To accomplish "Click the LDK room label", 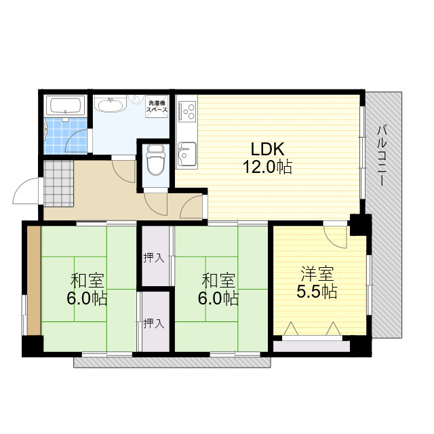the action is point(267,149).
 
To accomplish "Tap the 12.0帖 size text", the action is point(267,167).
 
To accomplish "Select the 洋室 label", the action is point(317,273).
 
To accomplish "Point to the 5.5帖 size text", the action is point(317,292).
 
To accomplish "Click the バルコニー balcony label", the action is point(382,156).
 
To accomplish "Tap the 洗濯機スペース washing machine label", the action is point(157,106).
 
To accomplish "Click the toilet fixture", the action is point(155,160).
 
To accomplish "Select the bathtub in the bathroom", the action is point(66,105).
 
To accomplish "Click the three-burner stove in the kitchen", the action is point(187,112).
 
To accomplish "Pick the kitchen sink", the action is point(187,154).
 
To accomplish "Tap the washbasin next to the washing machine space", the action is point(111,104).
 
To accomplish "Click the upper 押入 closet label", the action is point(154,258).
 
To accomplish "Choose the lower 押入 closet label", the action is point(154,323).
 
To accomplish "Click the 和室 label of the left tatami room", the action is point(87,281).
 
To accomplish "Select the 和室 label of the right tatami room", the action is point(218,281).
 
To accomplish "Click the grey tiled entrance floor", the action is point(59,184).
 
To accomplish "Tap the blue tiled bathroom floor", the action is point(66,136).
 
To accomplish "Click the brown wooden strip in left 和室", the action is point(34,281).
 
